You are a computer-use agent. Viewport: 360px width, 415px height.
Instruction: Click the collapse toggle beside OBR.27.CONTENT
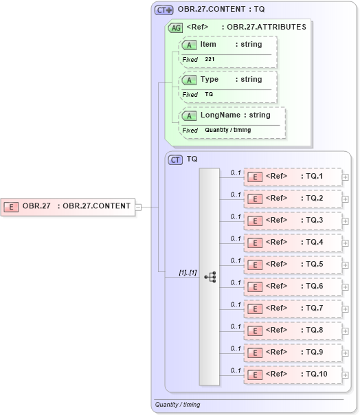coord(138,205)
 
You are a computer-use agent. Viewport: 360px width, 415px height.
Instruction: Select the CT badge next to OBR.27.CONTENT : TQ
coord(164,10)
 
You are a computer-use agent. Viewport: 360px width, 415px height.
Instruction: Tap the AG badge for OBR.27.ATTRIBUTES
coord(176,27)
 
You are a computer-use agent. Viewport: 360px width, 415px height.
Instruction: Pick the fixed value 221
coord(211,60)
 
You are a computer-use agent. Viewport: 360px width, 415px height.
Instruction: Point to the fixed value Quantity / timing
coord(227,130)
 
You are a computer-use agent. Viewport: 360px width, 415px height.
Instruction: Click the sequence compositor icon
coord(210,276)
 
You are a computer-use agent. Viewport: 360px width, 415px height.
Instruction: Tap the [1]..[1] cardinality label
coord(188,272)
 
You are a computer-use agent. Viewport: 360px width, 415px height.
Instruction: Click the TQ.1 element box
coord(293,177)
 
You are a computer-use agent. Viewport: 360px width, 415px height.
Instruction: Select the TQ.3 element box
coord(293,221)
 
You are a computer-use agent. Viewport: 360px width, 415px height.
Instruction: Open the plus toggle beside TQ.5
coord(345,265)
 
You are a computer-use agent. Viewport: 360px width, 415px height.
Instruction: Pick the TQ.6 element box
coord(293,287)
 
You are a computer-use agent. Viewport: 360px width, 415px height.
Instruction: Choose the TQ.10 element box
coord(293,374)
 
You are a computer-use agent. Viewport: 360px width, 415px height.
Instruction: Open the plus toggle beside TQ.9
coord(345,352)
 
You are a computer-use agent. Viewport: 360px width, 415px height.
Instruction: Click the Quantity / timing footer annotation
coord(177,405)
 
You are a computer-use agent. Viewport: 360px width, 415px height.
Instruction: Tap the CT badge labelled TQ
coord(176,159)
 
